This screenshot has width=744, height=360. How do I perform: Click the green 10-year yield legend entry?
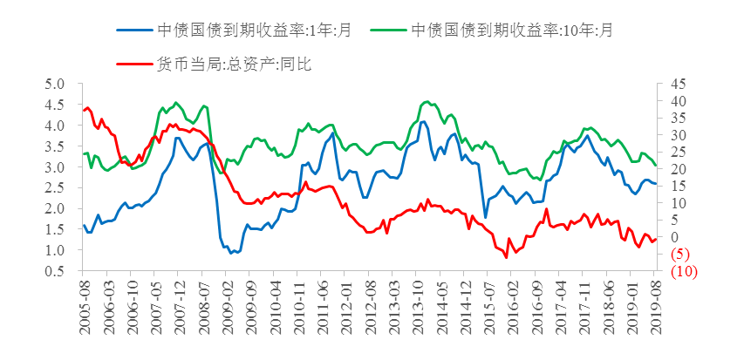coord(512,29)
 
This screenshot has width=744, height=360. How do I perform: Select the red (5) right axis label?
coord(679,255)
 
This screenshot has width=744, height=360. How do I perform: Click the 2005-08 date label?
coord(85,302)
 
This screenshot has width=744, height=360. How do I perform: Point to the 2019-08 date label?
coord(655,302)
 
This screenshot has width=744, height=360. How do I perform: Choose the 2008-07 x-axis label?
coord(205,302)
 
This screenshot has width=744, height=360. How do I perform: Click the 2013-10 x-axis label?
coord(418,302)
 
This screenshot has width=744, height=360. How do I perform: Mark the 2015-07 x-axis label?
coord(488,302)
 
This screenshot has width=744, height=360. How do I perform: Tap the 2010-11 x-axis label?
coord(299,302)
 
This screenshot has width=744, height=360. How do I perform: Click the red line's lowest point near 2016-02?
coord(506,257)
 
